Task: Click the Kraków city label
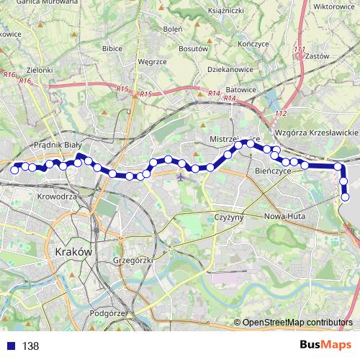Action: [x=73, y=252]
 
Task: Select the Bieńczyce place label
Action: [x=273, y=172]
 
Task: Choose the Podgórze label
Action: [x=109, y=313]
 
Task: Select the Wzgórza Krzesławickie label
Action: [x=316, y=134]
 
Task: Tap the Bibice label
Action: [x=113, y=48]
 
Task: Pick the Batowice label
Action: [x=220, y=89]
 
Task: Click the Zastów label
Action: [x=317, y=55]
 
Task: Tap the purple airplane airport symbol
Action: [x=180, y=171]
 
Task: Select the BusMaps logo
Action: [x=326, y=345]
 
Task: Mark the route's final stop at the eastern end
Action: [x=346, y=197]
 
